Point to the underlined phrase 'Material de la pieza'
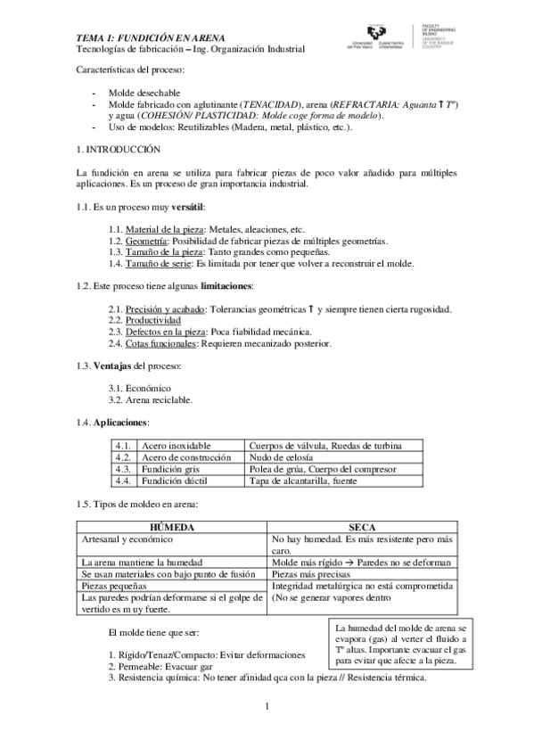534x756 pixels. pos(157,229)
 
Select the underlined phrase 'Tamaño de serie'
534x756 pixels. pos(158,264)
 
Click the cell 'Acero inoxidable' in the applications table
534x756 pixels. pos(176,445)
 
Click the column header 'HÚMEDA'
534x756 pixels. pos(170,528)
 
